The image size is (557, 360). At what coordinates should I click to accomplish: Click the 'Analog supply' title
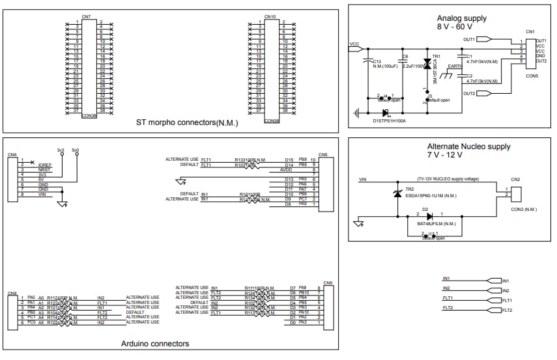[x=461, y=18]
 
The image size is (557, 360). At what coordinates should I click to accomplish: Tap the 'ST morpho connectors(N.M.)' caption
[x=187, y=122]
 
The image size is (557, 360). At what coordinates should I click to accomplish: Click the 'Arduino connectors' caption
[x=155, y=343]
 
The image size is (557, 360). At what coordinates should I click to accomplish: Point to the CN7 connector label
[x=87, y=16]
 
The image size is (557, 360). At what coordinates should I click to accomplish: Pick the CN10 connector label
[x=270, y=16]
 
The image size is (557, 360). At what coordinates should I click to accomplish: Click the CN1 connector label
[x=530, y=31]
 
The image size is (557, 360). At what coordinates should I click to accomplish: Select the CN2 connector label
[x=515, y=179]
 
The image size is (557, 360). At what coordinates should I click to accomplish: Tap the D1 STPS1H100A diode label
[x=388, y=120]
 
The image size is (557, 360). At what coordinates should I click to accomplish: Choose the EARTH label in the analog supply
[x=455, y=66]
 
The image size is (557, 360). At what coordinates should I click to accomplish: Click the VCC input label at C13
[x=354, y=45]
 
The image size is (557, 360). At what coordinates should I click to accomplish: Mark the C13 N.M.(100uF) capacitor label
[x=385, y=64]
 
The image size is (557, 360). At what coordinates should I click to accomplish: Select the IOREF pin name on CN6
[x=45, y=165]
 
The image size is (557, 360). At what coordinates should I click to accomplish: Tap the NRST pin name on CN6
[x=44, y=170]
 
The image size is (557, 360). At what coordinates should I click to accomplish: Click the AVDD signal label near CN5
[x=287, y=170]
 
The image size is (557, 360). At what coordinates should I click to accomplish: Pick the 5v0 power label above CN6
[x=76, y=150]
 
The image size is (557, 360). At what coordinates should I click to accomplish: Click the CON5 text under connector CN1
[x=532, y=76]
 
